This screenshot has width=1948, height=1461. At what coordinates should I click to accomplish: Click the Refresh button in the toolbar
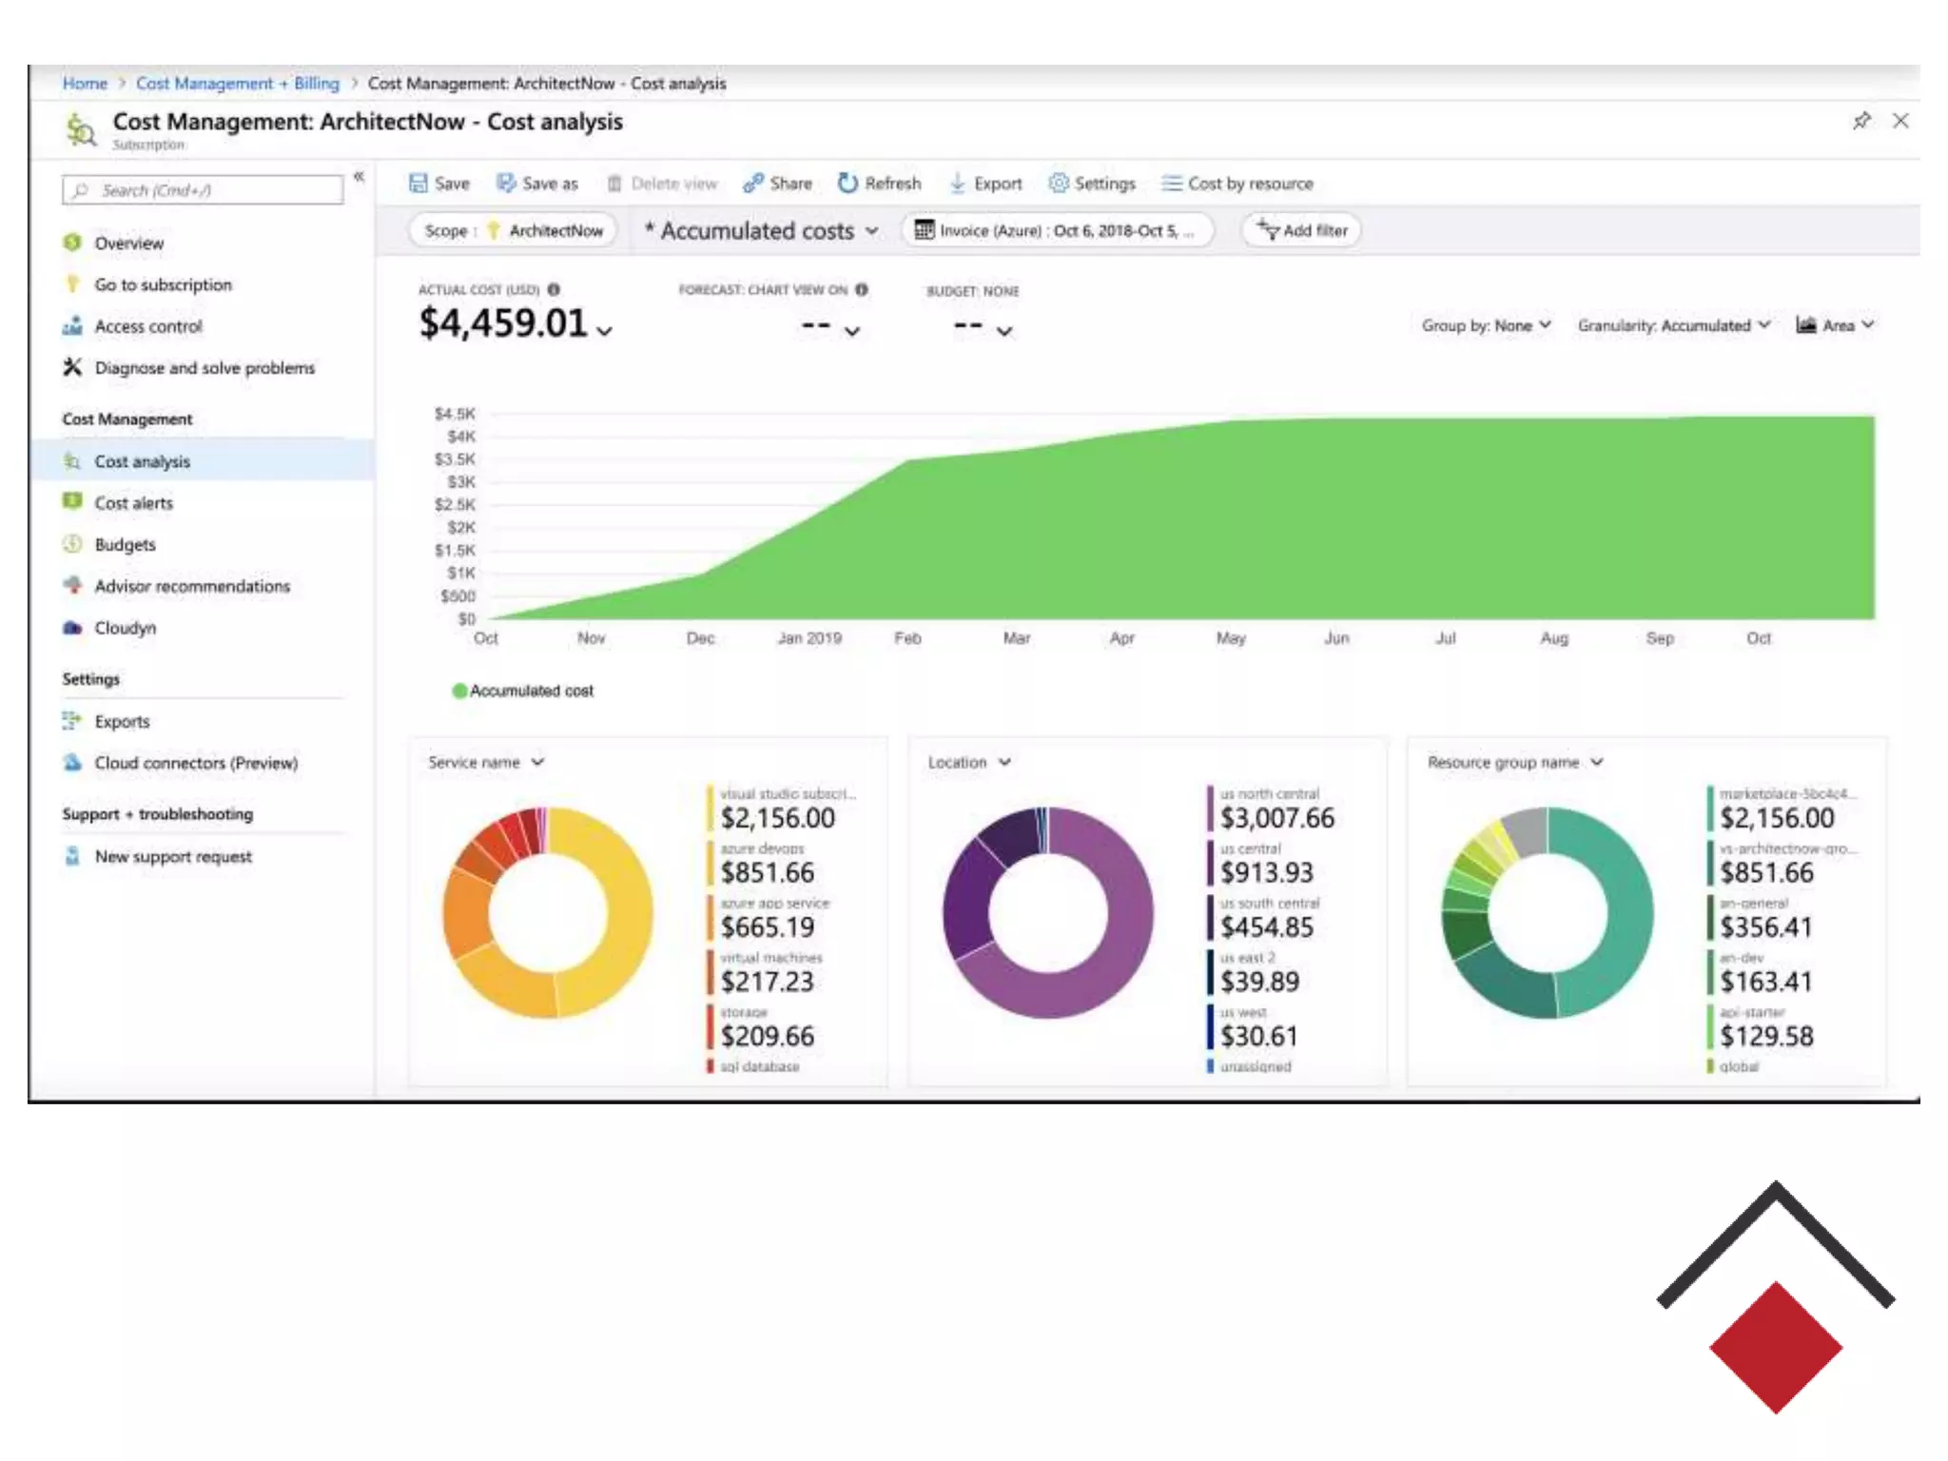point(880,184)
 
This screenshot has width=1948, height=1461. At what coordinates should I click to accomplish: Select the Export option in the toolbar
point(986,184)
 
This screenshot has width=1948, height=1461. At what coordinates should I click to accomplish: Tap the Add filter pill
point(1301,230)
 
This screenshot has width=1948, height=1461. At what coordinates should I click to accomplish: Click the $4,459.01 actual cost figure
point(503,324)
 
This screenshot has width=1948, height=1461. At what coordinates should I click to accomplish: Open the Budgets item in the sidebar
point(125,545)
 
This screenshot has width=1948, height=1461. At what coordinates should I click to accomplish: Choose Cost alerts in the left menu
point(133,503)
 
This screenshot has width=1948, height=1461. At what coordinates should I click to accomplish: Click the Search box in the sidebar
point(203,190)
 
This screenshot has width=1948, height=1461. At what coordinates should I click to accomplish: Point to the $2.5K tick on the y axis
point(455,505)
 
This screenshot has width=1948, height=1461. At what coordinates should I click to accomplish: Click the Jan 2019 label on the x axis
point(809,638)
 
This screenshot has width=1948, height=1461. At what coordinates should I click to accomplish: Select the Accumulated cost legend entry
point(523,691)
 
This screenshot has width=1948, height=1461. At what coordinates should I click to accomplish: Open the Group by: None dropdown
point(1486,325)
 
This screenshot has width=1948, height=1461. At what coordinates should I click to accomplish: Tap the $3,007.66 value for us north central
point(1276,818)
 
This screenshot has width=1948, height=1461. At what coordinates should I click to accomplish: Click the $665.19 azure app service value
point(767,927)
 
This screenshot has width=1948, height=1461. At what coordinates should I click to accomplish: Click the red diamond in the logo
point(1775,1347)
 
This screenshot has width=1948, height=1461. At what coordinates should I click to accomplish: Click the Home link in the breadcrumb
point(85,84)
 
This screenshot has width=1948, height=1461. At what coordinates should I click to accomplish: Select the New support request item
point(173,857)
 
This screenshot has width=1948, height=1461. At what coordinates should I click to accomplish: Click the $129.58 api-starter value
point(1765,1037)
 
